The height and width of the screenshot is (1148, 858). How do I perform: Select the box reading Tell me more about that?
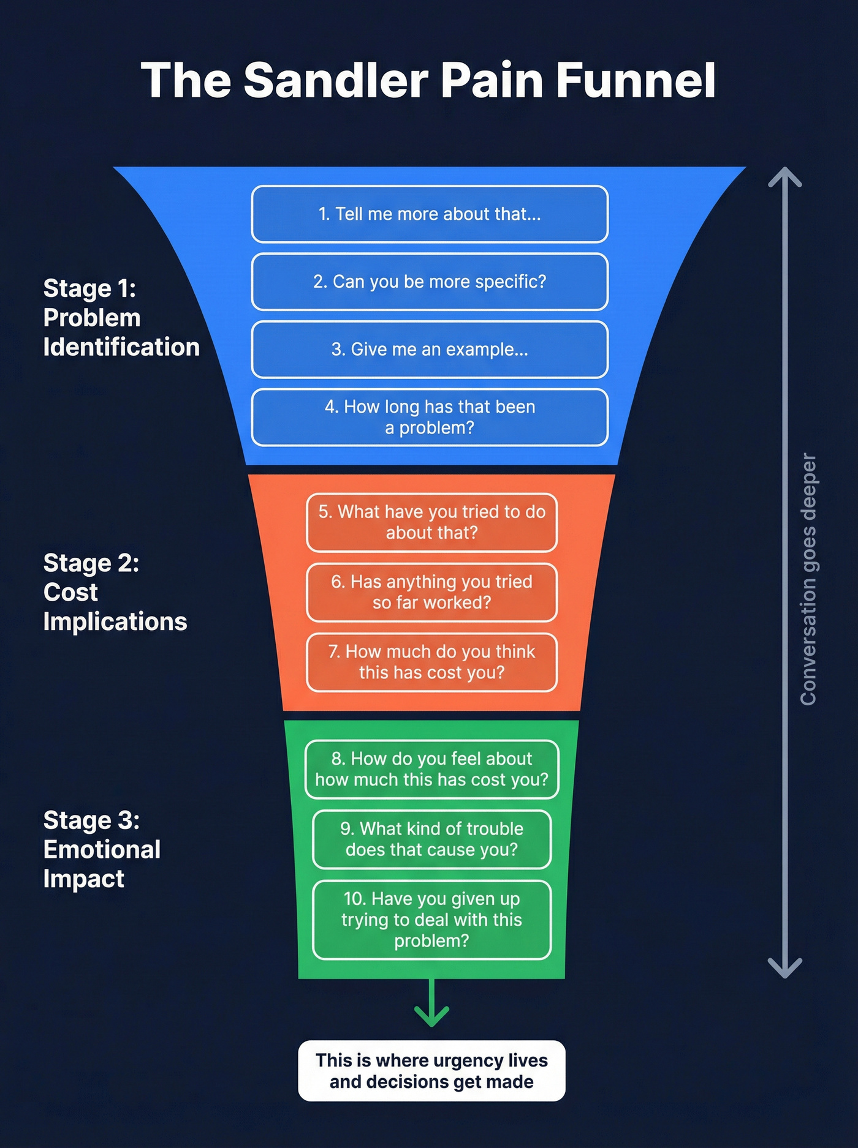coord(430,214)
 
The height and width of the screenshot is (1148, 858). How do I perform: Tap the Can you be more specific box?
coord(430,282)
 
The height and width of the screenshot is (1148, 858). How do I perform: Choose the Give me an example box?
coord(430,350)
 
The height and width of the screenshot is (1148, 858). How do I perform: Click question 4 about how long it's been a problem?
coord(430,417)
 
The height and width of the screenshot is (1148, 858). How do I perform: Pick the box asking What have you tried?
coord(431,522)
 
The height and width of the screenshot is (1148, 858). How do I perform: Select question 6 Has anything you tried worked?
coord(431,592)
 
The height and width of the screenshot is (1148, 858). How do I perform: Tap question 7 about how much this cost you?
coord(431,662)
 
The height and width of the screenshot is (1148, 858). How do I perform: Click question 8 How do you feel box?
coord(431,769)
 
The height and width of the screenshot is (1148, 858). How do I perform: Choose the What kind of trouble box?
coord(431,839)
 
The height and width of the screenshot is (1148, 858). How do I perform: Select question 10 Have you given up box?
coord(431,920)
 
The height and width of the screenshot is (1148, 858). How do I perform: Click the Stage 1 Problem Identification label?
coord(121,318)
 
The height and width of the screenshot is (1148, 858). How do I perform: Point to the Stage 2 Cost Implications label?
coord(115,592)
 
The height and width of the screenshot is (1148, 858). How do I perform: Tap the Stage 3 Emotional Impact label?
coord(101,849)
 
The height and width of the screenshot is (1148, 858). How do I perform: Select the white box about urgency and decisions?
coord(431,1071)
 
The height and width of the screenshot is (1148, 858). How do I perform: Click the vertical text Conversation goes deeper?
coord(808,579)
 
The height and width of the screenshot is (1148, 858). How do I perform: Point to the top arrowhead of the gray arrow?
coord(785,176)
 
